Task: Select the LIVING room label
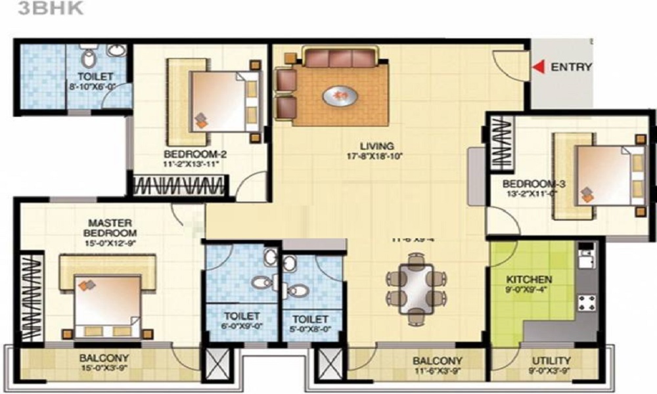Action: tap(376, 146)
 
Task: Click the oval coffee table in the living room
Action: tap(340, 97)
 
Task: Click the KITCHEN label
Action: tap(529, 280)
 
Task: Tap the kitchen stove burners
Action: tap(586, 302)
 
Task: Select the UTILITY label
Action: tap(551, 361)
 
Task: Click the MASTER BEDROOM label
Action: tap(110, 228)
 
